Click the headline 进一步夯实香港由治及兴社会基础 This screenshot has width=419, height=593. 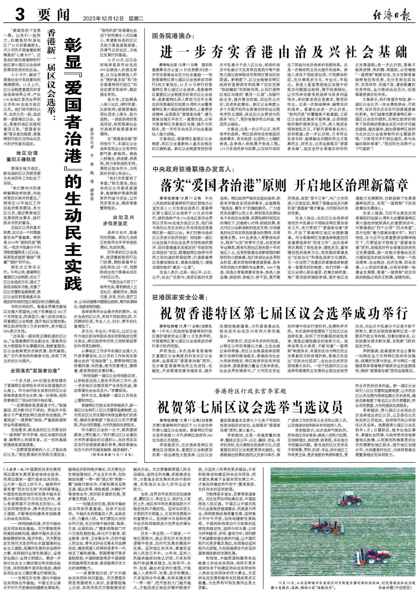click(284, 52)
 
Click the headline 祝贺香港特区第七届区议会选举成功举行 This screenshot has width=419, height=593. click(284, 313)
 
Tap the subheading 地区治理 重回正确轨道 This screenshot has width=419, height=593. click(23, 156)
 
